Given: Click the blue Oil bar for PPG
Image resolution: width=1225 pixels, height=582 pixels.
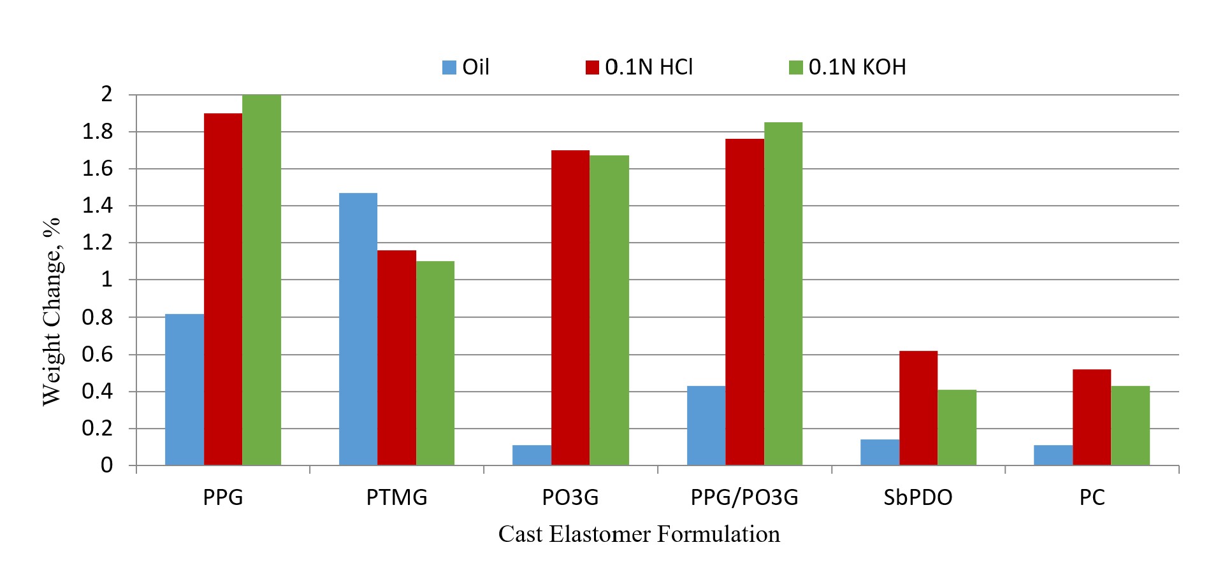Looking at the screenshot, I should [x=184, y=390].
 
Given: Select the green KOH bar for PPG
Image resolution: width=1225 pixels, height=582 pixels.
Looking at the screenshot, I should [x=261, y=280].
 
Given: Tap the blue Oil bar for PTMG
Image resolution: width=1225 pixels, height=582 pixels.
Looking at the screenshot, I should [x=358, y=329].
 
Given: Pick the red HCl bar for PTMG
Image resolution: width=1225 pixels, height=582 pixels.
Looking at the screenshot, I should [x=396, y=358].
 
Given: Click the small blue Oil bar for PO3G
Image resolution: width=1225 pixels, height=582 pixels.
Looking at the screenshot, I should [x=532, y=455].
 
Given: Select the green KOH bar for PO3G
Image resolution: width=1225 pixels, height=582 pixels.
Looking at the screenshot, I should [x=609, y=311].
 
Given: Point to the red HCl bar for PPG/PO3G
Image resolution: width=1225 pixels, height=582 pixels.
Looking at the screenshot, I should [x=744, y=302].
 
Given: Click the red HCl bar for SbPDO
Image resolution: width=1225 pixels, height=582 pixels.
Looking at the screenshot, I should [x=918, y=408].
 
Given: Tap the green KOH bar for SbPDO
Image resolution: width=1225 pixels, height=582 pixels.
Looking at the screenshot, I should [x=957, y=427].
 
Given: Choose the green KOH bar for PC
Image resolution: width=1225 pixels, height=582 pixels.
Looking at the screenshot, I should [x=1130, y=425].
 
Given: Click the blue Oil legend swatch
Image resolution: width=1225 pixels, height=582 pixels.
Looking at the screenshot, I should [x=449, y=67].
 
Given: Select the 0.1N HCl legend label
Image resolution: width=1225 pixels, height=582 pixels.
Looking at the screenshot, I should [x=649, y=67].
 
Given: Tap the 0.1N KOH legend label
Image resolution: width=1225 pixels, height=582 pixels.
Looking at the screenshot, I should [x=857, y=67].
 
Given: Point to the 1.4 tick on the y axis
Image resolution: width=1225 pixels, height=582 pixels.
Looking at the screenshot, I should [x=97, y=206].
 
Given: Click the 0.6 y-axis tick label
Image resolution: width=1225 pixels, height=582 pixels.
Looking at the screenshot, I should [x=97, y=355].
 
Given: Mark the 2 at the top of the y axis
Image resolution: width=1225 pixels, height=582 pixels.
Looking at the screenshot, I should [x=106, y=94].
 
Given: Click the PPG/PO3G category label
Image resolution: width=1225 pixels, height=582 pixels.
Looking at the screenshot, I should [x=744, y=497].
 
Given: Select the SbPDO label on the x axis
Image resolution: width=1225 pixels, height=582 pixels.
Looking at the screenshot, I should [x=918, y=497].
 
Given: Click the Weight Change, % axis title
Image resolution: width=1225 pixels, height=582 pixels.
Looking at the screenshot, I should [x=52, y=311].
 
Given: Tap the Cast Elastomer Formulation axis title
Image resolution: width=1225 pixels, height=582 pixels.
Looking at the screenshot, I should [x=639, y=534].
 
